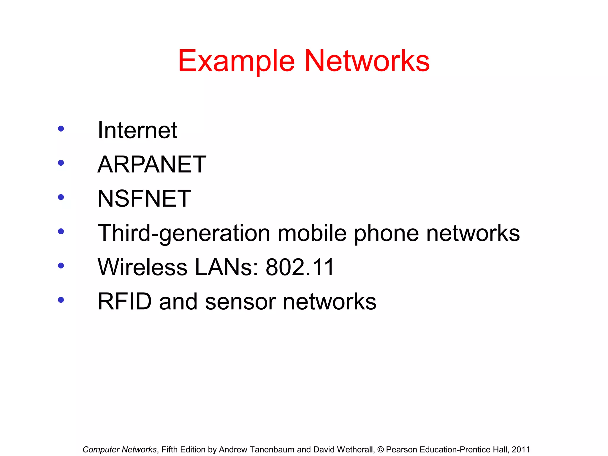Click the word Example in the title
point(236,61)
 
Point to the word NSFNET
point(144,198)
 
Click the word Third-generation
point(184,233)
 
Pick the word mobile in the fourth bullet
point(312,233)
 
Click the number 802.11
point(300,267)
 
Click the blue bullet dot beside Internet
point(61,129)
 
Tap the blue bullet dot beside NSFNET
point(61,197)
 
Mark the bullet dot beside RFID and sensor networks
point(61,300)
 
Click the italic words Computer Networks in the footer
point(119,449)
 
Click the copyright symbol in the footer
point(380,449)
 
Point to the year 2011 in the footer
point(521,449)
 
